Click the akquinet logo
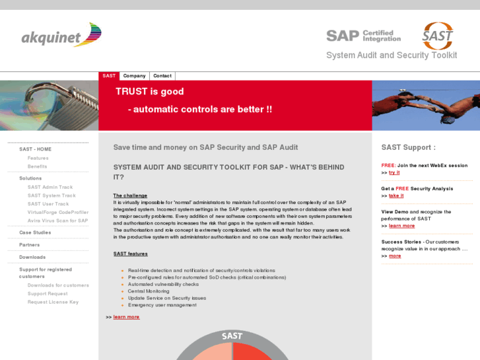(x=61, y=35)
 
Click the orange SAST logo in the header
(x=438, y=35)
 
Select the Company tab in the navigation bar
(x=134, y=76)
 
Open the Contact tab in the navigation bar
(x=162, y=76)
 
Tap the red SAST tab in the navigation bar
(x=109, y=76)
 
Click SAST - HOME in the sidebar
(x=35, y=149)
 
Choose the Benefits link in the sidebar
(x=37, y=166)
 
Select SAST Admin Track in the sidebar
(x=50, y=187)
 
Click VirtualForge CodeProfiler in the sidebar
(x=58, y=212)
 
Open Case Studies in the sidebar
(x=35, y=233)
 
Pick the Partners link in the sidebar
(x=29, y=245)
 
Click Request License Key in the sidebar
(x=53, y=302)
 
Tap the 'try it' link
(x=394, y=172)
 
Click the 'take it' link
(x=396, y=196)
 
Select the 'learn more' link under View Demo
(x=401, y=226)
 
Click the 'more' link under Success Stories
(x=395, y=256)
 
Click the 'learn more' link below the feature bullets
(x=126, y=317)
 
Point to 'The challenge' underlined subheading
(x=130, y=196)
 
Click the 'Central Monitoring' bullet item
(x=149, y=291)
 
